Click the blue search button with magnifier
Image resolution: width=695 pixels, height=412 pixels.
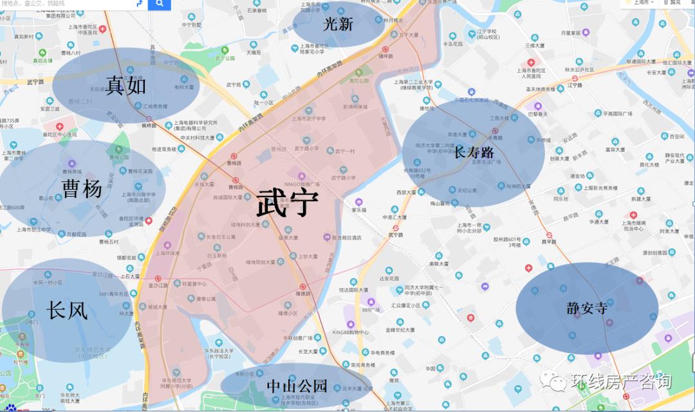[x=159, y=5]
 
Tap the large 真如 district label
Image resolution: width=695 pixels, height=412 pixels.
[x=126, y=85]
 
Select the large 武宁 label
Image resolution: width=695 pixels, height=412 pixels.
[x=287, y=203]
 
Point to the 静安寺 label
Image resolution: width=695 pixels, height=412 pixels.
[x=587, y=308]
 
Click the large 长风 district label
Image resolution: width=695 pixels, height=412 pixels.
[x=67, y=311]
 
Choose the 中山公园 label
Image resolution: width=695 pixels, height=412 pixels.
[x=297, y=386]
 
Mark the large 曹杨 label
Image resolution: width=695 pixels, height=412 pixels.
[x=82, y=189]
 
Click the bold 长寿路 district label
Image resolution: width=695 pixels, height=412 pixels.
[x=474, y=152]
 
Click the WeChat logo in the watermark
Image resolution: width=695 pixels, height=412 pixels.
[x=555, y=382]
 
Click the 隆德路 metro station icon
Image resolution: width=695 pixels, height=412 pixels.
[x=303, y=287]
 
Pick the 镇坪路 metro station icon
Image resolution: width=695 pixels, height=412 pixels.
[x=385, y=49]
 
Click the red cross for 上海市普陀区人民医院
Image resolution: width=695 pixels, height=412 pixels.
[x=532, y=62]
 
